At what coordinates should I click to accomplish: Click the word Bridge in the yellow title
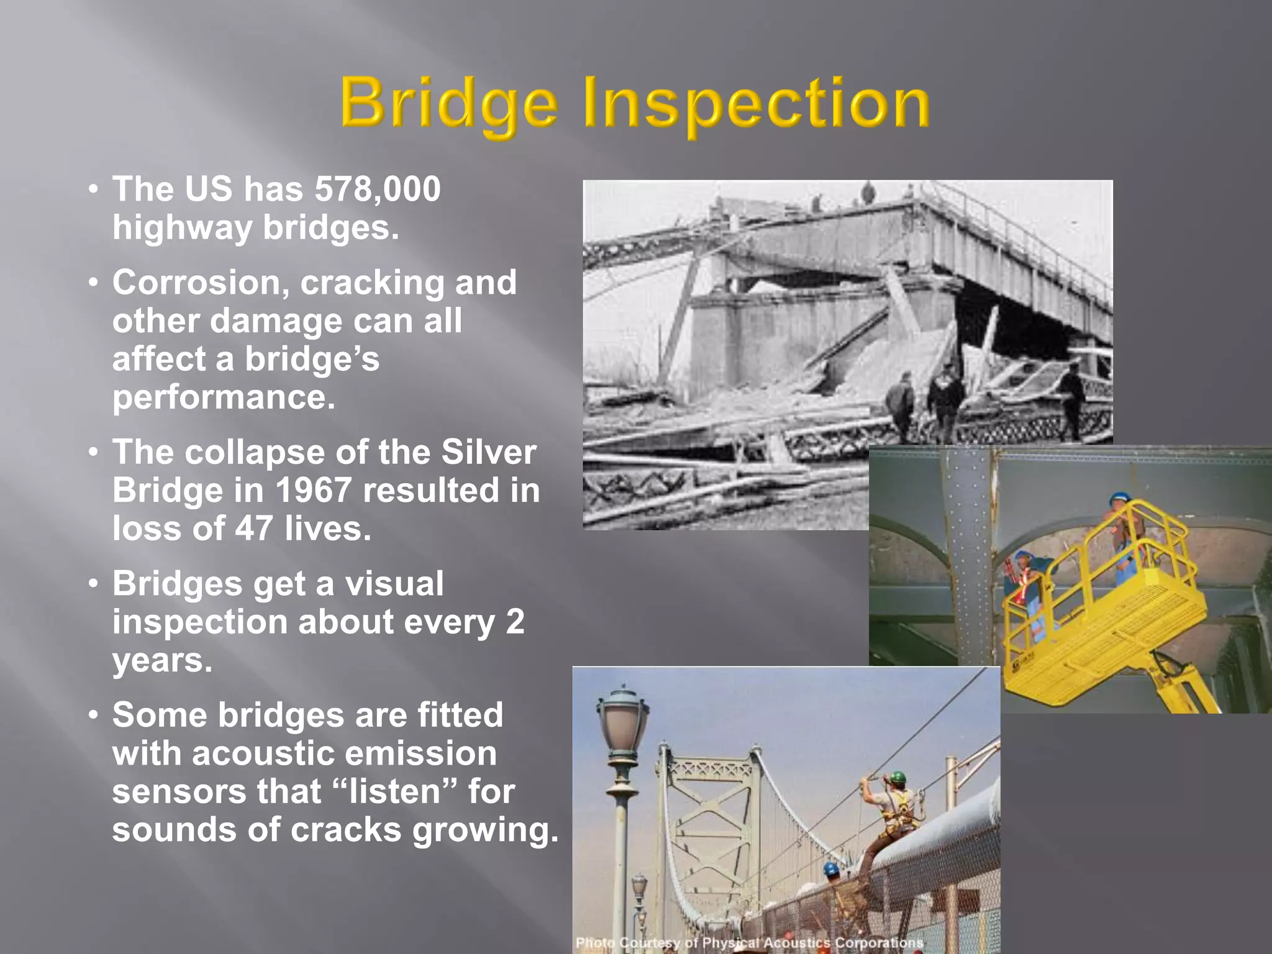pos(448,102)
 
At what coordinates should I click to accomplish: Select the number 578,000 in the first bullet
pos(378,189)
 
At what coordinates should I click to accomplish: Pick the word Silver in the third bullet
pos(488,452)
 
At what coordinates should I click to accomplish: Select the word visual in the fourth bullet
pos(394,584)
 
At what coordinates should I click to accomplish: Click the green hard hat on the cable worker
pos(896,777)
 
